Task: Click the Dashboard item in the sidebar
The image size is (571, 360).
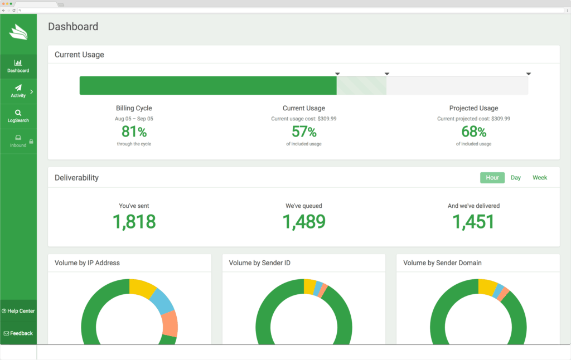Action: (18, 66)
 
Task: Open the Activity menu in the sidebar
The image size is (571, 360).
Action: (18, 91)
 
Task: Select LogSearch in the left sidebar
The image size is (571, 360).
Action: (18, 116)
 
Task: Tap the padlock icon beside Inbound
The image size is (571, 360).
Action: (31, 142)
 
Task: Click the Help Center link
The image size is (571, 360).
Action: (18, 311)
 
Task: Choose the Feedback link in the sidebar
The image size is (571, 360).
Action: (18, 333)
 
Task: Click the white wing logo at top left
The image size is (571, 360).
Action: (18, 32)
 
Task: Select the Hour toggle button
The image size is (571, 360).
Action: (492, 178)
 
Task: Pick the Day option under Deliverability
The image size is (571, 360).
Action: (516, 178)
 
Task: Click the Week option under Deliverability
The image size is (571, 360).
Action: (540, 178)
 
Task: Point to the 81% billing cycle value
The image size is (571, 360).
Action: (134, 132)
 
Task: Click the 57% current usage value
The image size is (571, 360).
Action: (304, 132)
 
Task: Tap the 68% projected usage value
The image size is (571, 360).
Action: (473, 132)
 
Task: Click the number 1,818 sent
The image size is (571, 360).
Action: (134, 222)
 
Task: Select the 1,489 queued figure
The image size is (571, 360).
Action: (304, 222)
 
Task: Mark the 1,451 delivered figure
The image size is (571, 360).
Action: (473, 222)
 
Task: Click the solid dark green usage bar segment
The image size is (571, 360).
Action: (207, 86)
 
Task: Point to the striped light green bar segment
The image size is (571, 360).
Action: (361, 86)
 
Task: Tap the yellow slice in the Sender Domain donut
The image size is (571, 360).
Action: (487, 287)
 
